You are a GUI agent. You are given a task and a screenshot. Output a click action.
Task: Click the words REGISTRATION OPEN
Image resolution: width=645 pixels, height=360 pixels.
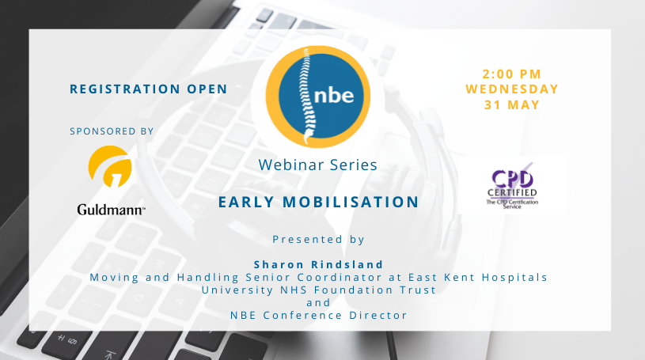coord(148,89)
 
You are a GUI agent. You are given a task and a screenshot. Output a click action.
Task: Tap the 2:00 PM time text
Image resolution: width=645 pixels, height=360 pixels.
coord(511,74)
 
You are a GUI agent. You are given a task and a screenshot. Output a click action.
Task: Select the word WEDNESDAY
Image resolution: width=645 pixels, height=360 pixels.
coord(511,89)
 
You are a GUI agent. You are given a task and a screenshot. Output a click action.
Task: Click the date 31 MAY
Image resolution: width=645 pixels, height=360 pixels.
coord(511,104)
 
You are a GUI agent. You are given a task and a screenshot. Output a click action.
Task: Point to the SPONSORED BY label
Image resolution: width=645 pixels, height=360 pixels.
coord(112,131)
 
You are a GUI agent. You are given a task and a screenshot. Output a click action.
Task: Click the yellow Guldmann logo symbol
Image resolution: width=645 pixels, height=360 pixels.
coord(110,166)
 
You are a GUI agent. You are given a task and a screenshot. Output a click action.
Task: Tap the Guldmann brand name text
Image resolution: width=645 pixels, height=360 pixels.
coord(110,210)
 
